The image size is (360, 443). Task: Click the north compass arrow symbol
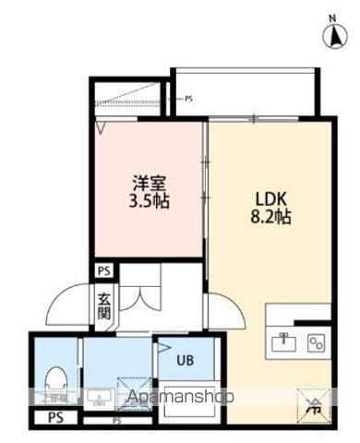(x=330, y=37)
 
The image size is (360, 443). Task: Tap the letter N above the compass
(x=330, y=18)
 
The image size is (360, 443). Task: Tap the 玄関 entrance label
(x=104, y=305)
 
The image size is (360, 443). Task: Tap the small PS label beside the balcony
(x=188, y=98)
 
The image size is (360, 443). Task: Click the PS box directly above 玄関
(x=104, y=272)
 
